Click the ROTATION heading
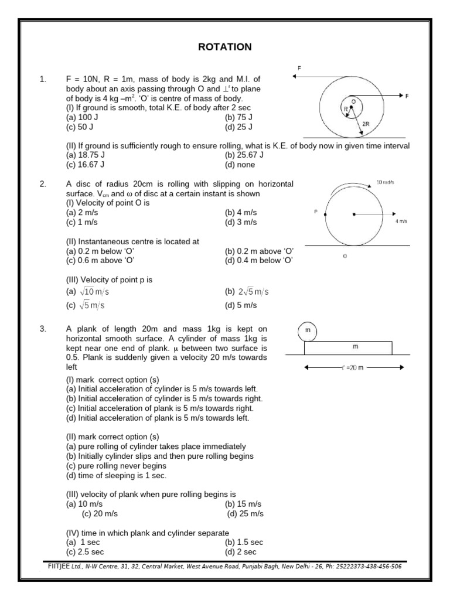[224, 47]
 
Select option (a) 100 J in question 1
[83, 118]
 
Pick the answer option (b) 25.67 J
[244, 155]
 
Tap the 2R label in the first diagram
[366, 124]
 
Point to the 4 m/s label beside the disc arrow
[401, 221]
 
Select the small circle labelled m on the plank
[307, 331]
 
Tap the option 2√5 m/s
[247, 292]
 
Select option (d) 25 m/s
[246, 514]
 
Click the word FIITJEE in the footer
[59, 567]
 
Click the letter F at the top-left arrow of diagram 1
[299, 68]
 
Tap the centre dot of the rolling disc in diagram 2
[353, 214]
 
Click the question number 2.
[43, 184]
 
